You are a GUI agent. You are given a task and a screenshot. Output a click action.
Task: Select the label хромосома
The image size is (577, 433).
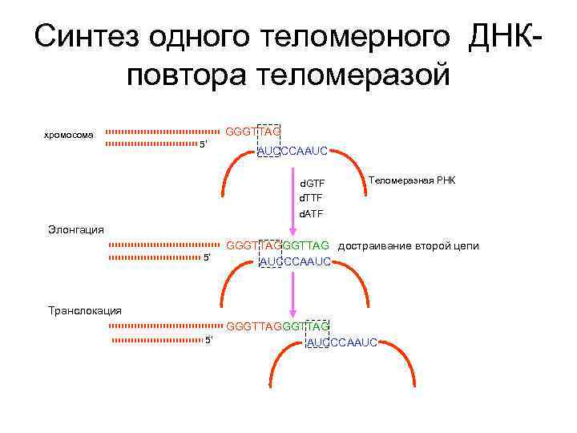click(68, 135)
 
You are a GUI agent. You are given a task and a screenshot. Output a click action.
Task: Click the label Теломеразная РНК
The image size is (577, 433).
click(412, 180)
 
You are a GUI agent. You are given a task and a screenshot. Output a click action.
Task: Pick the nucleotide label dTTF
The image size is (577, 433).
click(311, 198)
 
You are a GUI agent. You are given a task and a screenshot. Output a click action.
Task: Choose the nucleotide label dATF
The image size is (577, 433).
click(311, 214)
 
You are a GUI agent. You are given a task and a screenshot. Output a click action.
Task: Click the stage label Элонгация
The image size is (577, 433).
click(76, 229)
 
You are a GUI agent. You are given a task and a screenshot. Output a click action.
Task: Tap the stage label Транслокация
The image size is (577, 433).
click(85, 310)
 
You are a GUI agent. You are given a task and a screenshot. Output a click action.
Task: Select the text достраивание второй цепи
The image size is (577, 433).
click(408, 245)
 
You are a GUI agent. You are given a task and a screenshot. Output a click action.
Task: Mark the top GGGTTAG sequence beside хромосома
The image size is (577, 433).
click(253, 131)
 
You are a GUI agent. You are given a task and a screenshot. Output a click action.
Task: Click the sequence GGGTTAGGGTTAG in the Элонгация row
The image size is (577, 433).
click(278, 245)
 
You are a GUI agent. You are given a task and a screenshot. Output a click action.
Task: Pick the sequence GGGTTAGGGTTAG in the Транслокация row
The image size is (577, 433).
click(278, 326)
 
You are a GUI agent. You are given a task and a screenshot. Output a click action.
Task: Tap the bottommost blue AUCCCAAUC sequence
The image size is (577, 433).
click(342, 343)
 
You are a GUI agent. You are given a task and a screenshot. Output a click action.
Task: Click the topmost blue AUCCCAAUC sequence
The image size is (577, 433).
click(292, 150)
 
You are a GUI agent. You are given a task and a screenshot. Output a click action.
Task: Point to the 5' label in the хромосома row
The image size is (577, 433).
click(204, 144)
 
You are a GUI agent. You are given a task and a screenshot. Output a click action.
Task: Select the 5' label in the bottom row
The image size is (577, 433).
click(209, 340)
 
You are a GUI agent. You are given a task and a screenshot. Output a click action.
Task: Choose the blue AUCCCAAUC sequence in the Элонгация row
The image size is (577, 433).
click(296, 261)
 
